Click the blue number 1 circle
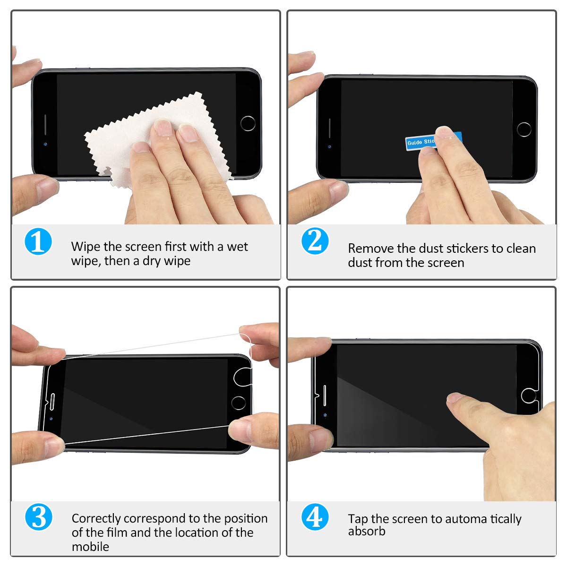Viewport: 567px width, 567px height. (38, 241)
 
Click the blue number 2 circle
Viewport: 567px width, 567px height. (315, 241)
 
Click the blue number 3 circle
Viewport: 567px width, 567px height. (38, 517)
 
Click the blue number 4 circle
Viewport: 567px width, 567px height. (315, 517)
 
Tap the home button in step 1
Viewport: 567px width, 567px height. (248, 123)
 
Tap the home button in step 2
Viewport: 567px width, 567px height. (524, 129)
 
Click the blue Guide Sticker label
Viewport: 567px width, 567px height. (421, 142)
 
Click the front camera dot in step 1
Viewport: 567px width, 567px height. (45, 143)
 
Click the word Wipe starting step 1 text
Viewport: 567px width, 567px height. (86, 247)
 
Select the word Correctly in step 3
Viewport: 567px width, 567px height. (96, 518)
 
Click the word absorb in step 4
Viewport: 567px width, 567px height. (367, 532)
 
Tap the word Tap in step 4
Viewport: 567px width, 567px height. (358, 519)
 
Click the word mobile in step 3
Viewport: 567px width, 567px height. (90, 547)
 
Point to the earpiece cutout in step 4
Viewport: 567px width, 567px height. (325, 395)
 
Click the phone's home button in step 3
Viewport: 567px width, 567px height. (239, 403)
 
